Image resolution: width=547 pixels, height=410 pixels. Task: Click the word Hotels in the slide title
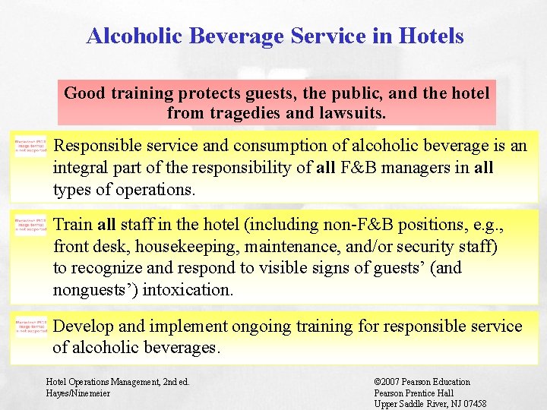coord(430,36)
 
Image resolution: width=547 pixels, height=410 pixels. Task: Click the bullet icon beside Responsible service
coord(30,147)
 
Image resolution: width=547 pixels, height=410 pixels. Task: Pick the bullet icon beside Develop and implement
coord(30,326)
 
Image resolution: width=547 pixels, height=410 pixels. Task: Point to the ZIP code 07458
coord(472,404)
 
